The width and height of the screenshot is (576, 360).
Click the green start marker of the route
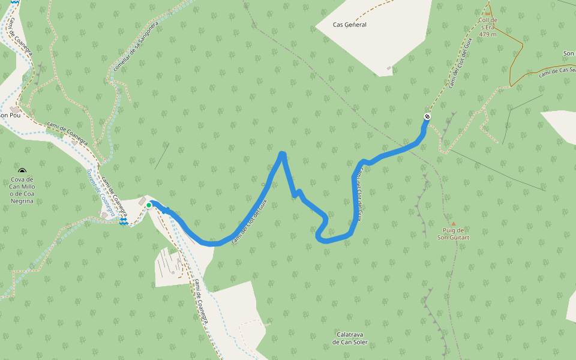click(x=149, y=205)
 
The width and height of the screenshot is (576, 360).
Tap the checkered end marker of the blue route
click(x=427, y=116)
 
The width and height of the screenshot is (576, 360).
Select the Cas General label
click(x=349, y=25)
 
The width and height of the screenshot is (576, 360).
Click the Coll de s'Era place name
click(x=488, y=20)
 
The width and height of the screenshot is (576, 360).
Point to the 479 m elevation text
click(x=488, y=34)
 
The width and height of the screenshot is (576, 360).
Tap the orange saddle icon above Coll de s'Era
click(x=488, y=12)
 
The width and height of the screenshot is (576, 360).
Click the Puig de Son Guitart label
click(x=453, y=233)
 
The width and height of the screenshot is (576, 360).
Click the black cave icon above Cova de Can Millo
click(x=22, y=172)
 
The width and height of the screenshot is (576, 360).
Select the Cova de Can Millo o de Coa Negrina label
click(x=22, y=190)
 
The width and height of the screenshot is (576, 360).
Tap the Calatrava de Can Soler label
click(x=352, y=338)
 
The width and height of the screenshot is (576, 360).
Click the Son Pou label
click(x=11, y=115)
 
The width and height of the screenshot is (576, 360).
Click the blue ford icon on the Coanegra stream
click(x=124, y=222)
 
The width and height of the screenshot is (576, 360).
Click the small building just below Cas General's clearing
click(x=389, y=68)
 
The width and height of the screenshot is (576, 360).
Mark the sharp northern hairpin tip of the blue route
click(x=282, y=154)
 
